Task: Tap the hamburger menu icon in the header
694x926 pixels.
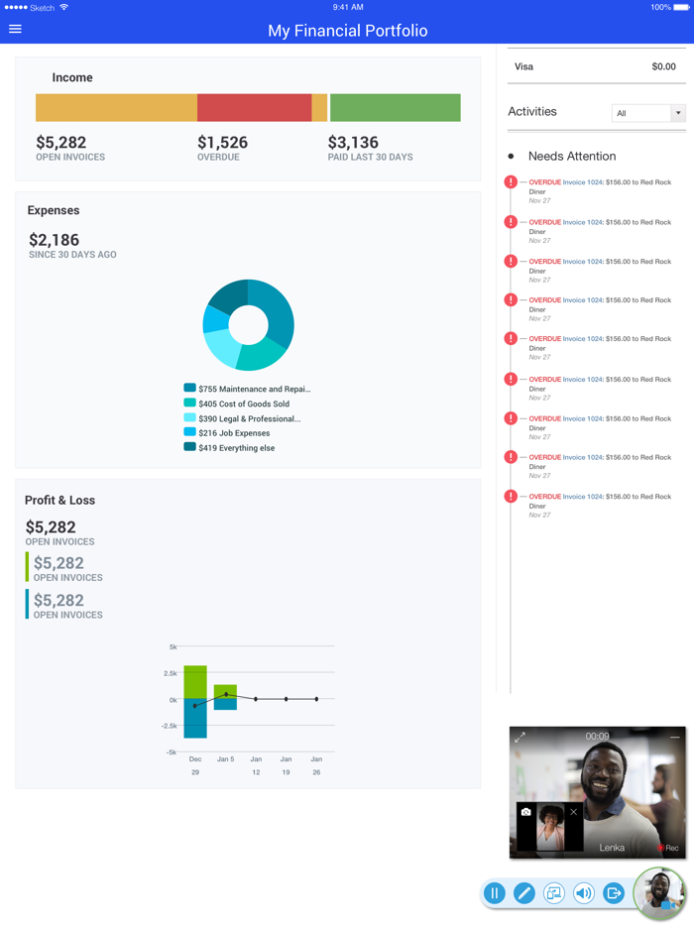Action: pyautogui.click(x=15, y=29)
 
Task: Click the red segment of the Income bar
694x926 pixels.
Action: pyautogui.click(x=254, y=107)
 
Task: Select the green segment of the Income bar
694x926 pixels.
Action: pyautogui.click(x=395, y=107)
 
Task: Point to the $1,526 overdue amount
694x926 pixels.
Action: pyautogui.click(x=222, y=143)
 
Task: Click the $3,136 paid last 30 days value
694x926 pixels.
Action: pyautogui.click(x=353, y=143)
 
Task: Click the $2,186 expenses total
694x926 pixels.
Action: pyautogui.click(x=54, y=240)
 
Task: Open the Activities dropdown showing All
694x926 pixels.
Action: pyautogui.click(x=648, y=113)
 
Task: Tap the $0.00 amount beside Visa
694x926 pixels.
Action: pyautogui.click(x=663, y=66)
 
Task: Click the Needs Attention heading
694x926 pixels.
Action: pyautogui.click(x=571, y=156)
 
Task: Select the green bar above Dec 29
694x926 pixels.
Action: pyautogui.click(x=195, y=681)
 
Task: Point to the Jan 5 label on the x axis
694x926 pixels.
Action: pyautogui.click(x=225, y=759)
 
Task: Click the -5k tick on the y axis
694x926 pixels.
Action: pyautogui.click(x=172, y=752)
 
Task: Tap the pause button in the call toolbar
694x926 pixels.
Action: pyautogui.click(x=494, y=893)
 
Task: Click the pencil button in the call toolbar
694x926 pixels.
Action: pyautogui.click(x=523, y=893)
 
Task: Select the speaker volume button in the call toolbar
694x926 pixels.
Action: pyautogui.click(x=584, y=893)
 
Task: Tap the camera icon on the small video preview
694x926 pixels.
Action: pyautogui.click(x=525, y=812)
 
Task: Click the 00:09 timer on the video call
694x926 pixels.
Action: pyautogui.click(x=597, y=737)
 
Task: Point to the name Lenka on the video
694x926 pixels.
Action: pyautogui.click(x=612, y=848)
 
